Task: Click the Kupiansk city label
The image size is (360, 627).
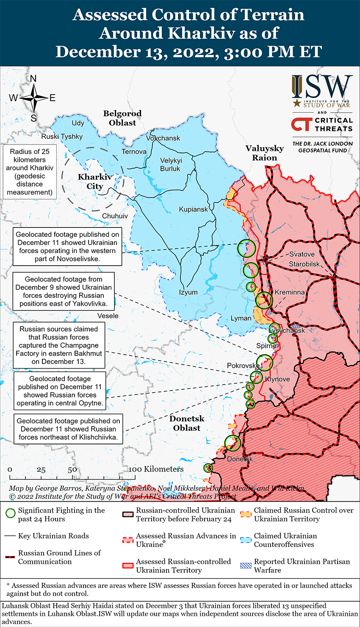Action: point(194,209)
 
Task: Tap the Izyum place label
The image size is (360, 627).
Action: point(188,292)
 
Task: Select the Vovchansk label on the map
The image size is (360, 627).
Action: point(163,138)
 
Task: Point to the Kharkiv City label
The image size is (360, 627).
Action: point(95,182)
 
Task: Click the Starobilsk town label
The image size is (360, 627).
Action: point(305,264)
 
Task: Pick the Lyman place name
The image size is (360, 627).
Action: point(241,318)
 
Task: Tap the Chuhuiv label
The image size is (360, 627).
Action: point(115,216)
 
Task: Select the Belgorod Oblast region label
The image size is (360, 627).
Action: point(122,118)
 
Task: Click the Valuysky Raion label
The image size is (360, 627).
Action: point(265,153)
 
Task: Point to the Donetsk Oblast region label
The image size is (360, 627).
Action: point(187,423)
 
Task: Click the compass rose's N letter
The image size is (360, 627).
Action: point(33,79)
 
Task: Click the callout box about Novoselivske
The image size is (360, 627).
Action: point(68,247)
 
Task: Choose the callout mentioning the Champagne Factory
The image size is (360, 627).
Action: point(59,345)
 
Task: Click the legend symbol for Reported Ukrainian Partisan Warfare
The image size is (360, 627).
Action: point(246,566)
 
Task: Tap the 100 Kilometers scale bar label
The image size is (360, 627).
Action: point(156,469)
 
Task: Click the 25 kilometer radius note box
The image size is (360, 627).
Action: point(30,172)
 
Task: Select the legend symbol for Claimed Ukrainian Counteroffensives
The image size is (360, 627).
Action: point(246,540)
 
